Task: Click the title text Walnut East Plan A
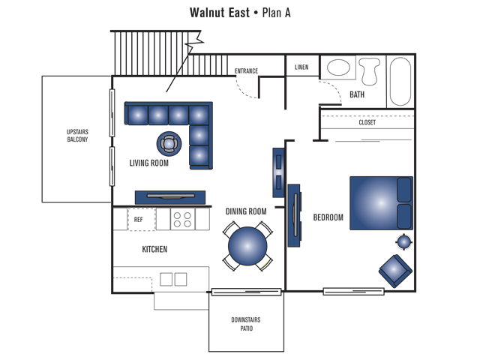[x=239, y=13]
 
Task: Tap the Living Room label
[x=148, y=163]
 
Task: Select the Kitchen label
[x=154, y=249]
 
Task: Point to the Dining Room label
[x=246, y=212]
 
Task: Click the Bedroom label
[x=328, y=217]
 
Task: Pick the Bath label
[x=357, y=94]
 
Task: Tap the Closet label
[x=367, y=122]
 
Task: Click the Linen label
[x=301, y=67]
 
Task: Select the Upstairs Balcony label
[x=77, y=136]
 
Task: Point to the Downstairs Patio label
[x=246, y=324]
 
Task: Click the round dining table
[x=247, y=247]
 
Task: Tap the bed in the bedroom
[x=380, y=202]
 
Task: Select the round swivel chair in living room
[x=169, y=142]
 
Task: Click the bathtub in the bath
[x=400, y=81]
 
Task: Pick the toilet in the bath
[x=369, y=70]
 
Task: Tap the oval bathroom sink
[x=339, y=67]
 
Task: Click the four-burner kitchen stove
[x=181, y=220]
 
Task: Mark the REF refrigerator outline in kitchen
[x=139, y=220]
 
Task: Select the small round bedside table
[x=403, y=241]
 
